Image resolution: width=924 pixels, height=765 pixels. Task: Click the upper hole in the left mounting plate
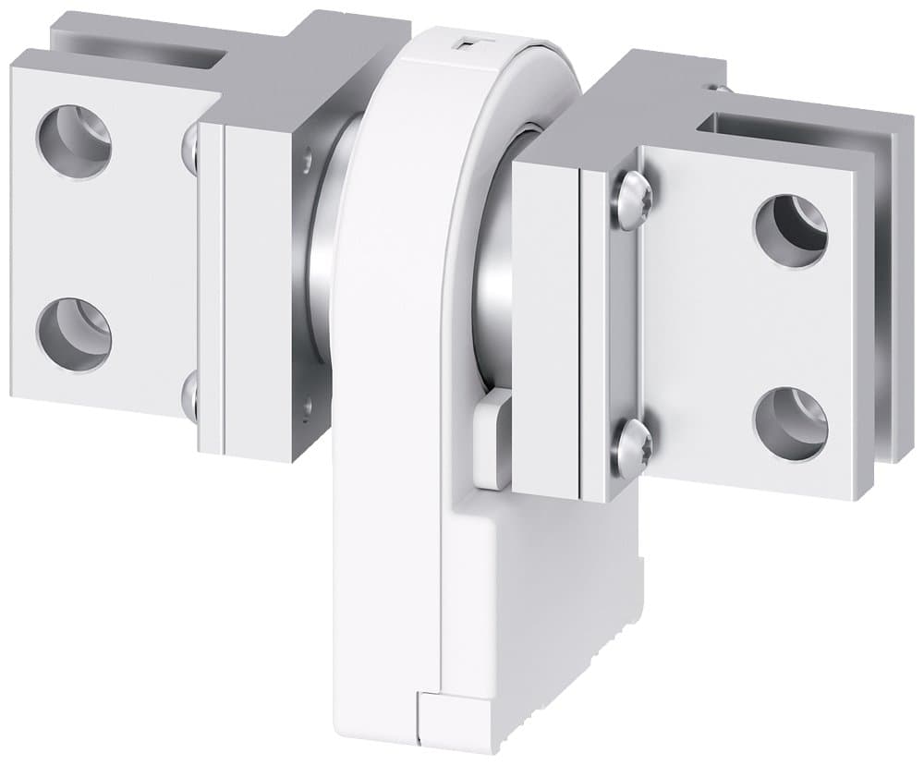pos(74,143)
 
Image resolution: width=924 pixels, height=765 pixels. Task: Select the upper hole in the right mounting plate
pos(790,230)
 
